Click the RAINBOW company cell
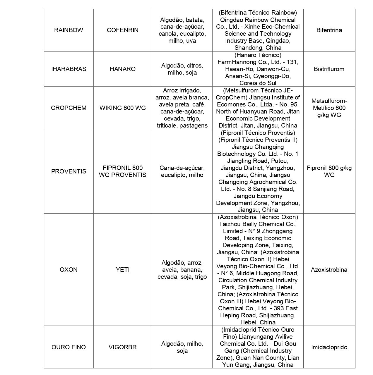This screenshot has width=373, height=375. coord(69,30)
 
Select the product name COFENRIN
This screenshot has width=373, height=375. coord(123,30)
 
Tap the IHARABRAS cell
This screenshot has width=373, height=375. coord(69,69)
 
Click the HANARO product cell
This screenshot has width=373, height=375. coord(123,69)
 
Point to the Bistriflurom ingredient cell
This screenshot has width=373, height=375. coord(329,69)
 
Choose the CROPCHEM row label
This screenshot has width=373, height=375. coord(69,108)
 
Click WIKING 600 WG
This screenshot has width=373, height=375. coord(123,108)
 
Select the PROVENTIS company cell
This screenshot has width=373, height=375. coord(69,171)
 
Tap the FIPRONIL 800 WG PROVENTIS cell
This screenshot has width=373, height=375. coord(123,171)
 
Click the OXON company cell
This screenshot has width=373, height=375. coord(69,270)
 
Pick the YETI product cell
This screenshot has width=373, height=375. coord(123,270)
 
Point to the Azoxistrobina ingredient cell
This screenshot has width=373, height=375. coord(329,270)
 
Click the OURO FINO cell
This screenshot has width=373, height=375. coord(69,347)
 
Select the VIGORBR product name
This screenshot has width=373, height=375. coord(123,347)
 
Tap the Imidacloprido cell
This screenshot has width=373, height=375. coord(329,347)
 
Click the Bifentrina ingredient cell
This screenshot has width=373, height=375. coord(329,30)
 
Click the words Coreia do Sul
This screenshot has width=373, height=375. coord(258,83)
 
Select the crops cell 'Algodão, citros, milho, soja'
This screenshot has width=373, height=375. coord(182,69)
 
